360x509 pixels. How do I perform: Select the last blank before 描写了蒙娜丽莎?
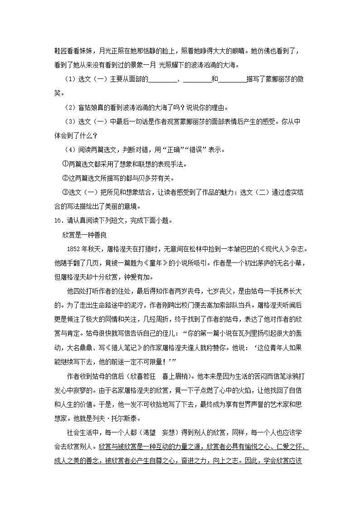(232, 80)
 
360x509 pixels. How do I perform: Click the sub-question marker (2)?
(70, 108)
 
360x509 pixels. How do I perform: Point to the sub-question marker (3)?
(70, 122)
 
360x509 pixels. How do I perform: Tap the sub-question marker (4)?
(70, 150)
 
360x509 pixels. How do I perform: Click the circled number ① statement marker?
(64, 164)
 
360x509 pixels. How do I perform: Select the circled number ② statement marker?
(64, 178)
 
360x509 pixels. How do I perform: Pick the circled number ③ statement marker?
(64, 192)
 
